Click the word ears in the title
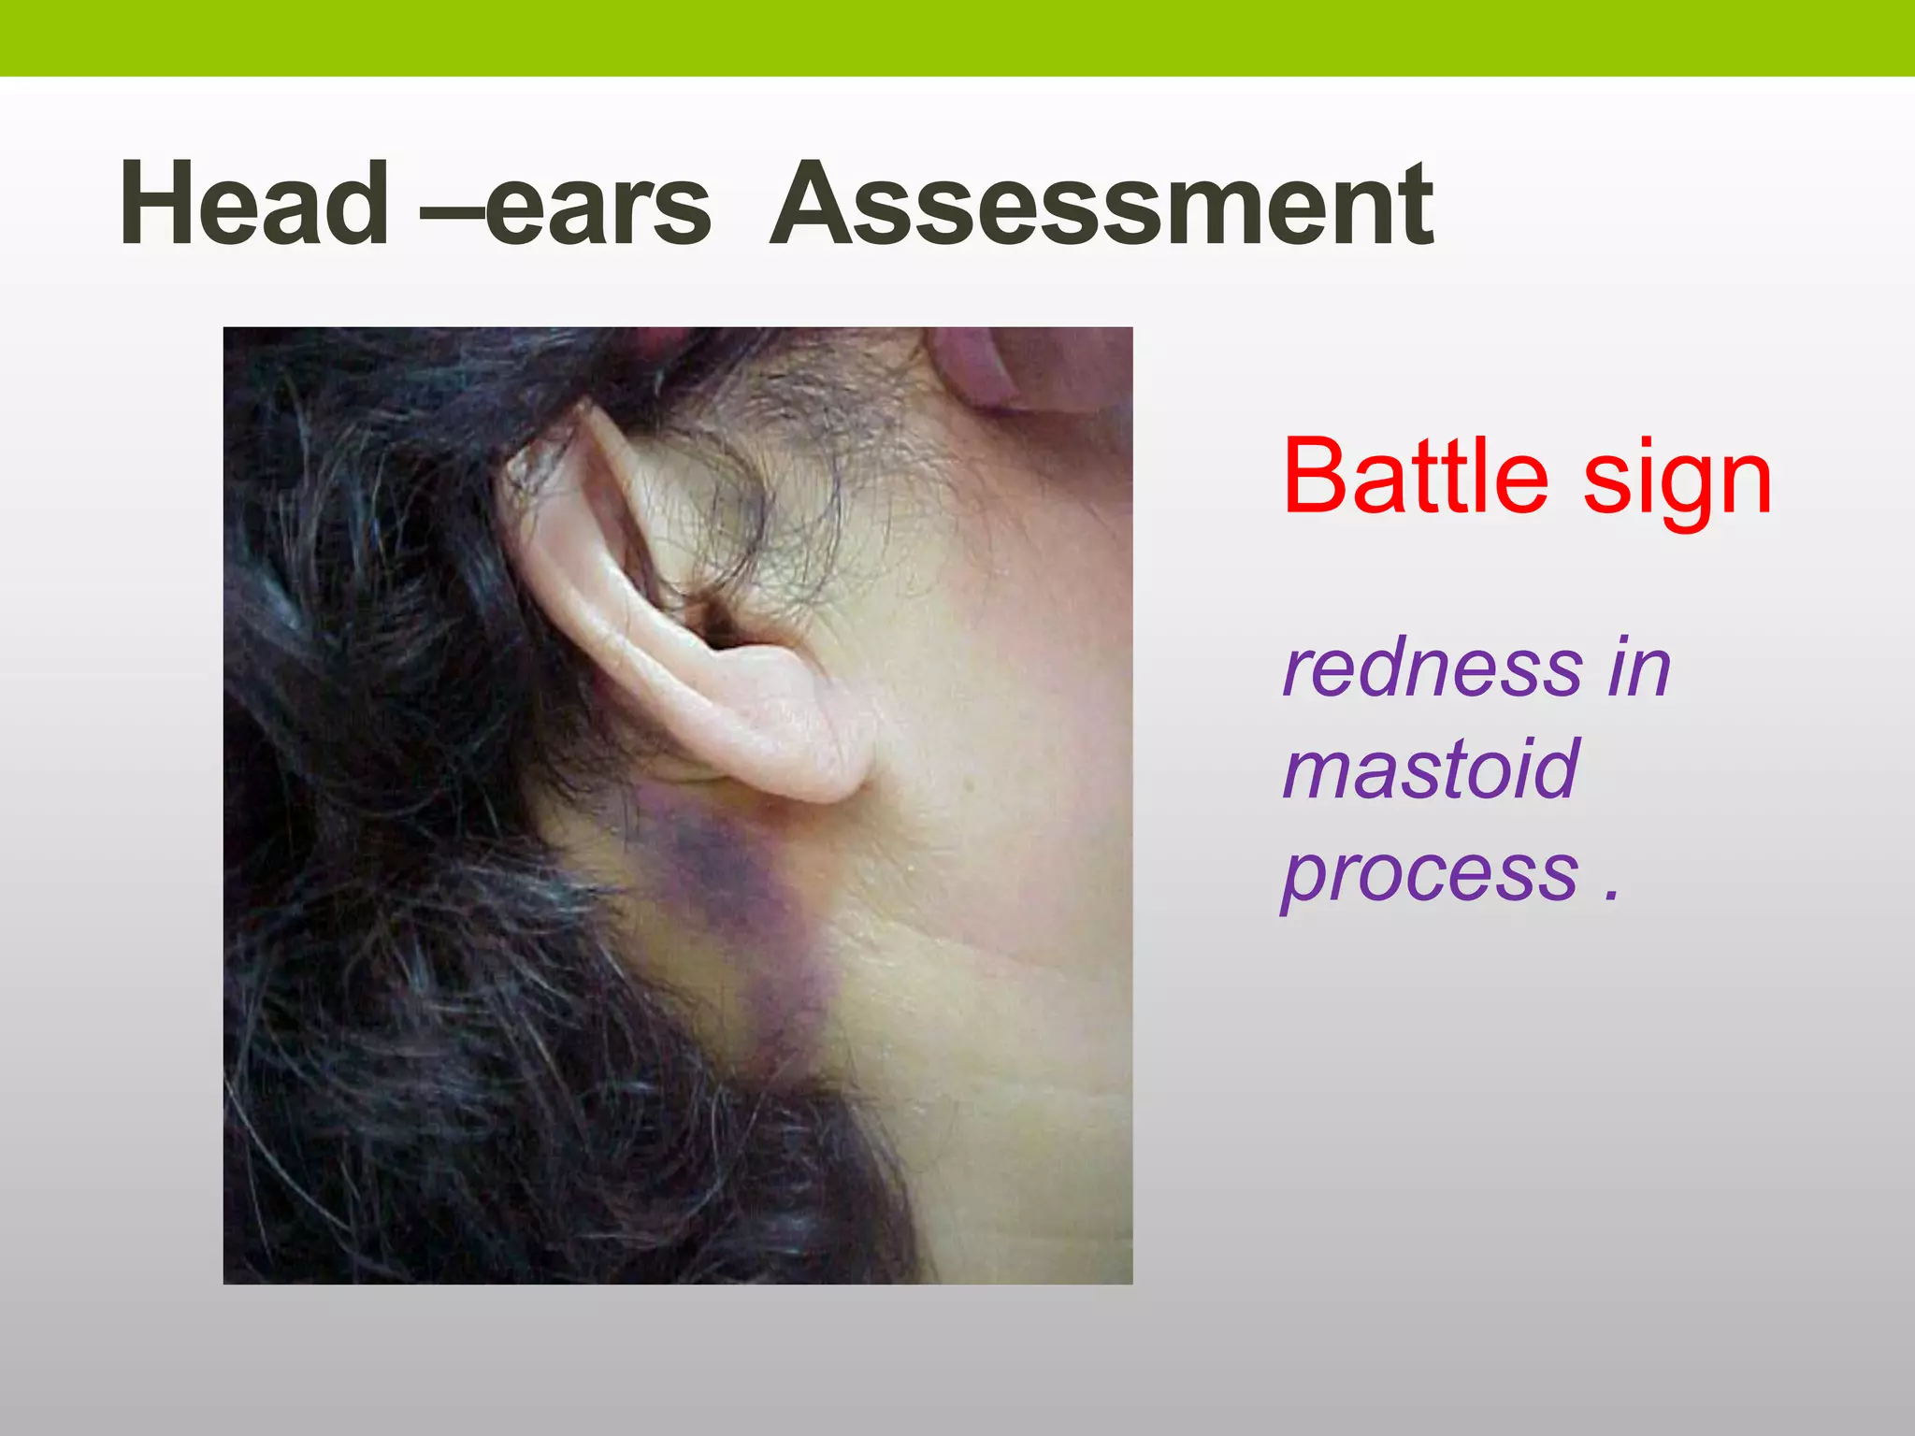(x=598, y=208)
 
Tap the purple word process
(x=1430, y=874)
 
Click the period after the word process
(x=1610, y=896)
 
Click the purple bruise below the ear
(x=720, y=869)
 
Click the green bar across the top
(x=957, y=37)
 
